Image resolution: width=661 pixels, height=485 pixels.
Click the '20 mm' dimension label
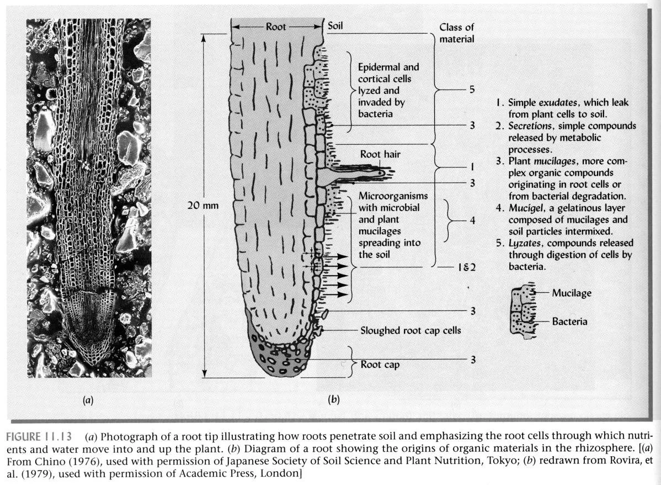(x=202, y=205)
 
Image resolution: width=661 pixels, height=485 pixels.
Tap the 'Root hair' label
(x=380, y=154)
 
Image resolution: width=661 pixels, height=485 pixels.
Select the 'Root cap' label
(x=380, y=365)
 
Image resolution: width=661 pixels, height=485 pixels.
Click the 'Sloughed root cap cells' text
(x=410, y=330)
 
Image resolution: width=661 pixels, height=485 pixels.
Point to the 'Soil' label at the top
(x=335, y=26)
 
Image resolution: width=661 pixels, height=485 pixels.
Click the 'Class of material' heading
(x=456, y=33)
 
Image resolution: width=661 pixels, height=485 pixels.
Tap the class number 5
(x=472, y=89)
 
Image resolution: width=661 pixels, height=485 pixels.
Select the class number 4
(x=472, y=220)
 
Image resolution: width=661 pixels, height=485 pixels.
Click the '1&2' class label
(x=466, y=267)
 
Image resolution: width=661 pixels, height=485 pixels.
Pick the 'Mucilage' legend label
(x=572, y=293)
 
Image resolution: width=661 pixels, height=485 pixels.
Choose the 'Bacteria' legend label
(x=569, y=321)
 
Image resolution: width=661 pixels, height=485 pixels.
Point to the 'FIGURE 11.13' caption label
(x=39, y=436)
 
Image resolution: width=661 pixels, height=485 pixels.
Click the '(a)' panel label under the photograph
(x=88, y=400)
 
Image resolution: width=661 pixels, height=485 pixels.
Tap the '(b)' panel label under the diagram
(x=333, y=400)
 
